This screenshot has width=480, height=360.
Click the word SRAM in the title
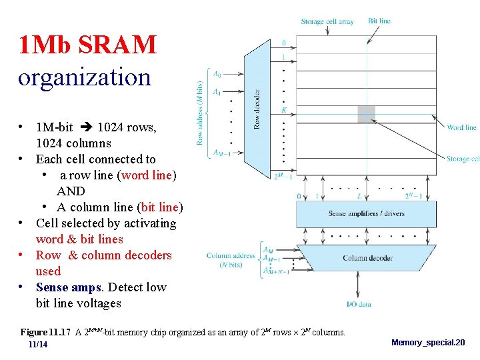point(117,45)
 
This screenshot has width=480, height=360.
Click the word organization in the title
point(85,77)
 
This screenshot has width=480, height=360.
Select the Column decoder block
point(367,258)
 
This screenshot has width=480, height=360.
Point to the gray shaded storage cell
point(366,114)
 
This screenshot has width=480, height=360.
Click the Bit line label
point(379,21)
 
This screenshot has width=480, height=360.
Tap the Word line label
point(461,127)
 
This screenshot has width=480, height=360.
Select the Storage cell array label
point(327,22)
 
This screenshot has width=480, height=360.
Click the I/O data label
point(359,305)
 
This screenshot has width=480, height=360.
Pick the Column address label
point(231,256)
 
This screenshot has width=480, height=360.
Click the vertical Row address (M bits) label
point(199,113)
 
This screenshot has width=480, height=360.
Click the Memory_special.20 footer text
point(428,343)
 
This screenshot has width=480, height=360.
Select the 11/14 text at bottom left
point(38,345)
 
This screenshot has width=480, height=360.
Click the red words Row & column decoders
point(103,255)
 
